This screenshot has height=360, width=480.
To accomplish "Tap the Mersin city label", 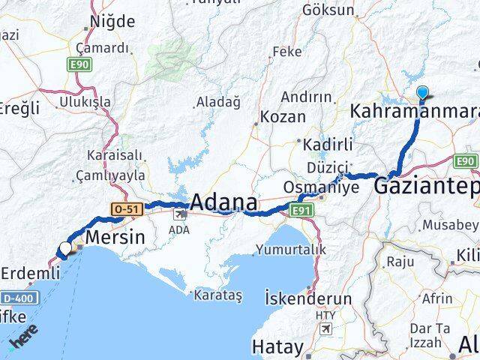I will pos(114,238).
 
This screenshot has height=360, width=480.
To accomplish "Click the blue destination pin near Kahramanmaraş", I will pos(422,94).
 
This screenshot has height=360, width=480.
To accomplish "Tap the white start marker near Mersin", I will pos(66,247).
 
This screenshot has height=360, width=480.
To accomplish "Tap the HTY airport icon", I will pos(325,328).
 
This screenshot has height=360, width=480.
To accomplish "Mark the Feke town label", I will pos(286,52).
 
